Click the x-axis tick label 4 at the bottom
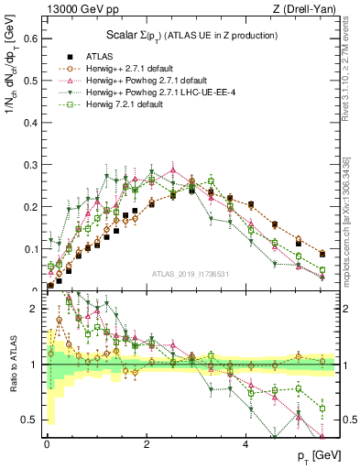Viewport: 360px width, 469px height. tap(245, 444)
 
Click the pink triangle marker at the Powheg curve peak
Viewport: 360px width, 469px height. tap(172, 169)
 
